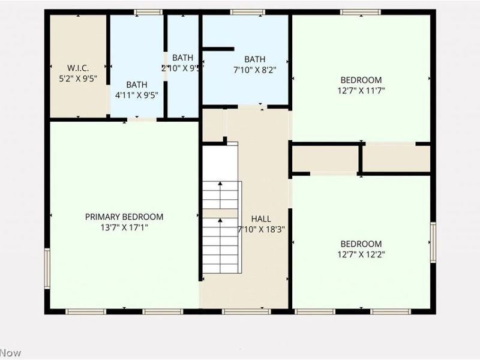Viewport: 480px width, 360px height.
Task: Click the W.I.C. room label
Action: coord(78,68)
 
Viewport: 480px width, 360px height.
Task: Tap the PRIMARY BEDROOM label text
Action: coord(124,217)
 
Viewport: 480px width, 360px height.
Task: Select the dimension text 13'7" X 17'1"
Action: coord(124,227)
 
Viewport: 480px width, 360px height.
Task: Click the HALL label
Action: coord(261,219)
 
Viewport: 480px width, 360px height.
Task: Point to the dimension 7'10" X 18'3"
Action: coord(261,229)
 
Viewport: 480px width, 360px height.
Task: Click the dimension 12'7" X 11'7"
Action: coord(361,91)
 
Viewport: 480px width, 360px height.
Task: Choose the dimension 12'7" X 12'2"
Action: coord(361,254)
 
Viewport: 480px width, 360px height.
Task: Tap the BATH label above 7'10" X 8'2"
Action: coord(254,59)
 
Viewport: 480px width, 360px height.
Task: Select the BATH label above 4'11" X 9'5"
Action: coord(136,85)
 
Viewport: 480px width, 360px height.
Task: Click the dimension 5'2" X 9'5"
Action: coord(78,78)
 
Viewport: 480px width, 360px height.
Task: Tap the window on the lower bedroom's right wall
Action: coord(432,242)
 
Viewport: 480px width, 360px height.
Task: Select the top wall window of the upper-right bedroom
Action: coord(360,12)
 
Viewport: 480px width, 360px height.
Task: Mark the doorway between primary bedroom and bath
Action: coord(142,120)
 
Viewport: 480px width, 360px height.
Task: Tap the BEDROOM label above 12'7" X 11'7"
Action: coord(361,80)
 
